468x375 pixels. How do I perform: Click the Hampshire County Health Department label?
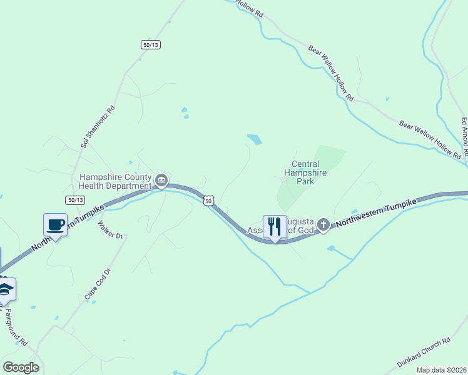(x=115, y=181)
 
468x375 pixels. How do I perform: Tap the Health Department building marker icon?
(x=161, y=182)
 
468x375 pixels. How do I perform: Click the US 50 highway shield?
(x=209, y=200)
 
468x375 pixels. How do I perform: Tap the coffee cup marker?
(x=55, y=225)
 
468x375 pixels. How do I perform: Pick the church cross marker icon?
(x=323, y=225)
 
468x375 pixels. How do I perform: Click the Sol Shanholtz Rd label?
(x=98, y=126)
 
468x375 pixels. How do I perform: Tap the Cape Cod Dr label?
(x=98, y=283)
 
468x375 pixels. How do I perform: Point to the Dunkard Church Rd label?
(x=424, y=352)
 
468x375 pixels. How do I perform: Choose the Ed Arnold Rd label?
(x=464, y=137)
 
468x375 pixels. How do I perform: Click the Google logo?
(x=21, y=367)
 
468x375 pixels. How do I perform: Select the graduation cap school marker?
(x=6, y=289)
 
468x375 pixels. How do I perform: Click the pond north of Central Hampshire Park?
(x=254, y=139)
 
